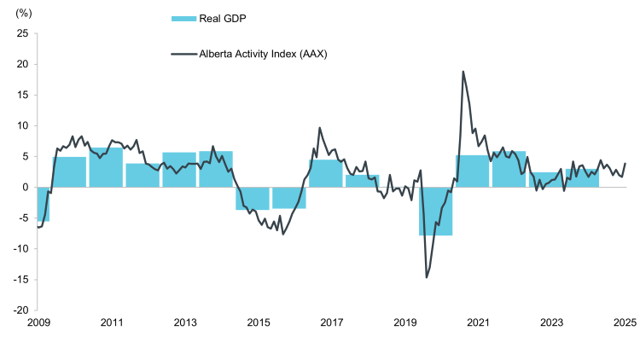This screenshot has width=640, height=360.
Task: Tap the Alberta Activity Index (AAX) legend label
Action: pyautogui.click(x=264, y=54)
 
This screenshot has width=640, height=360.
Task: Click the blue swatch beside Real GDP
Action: pyautogui.click(x=183, y=19)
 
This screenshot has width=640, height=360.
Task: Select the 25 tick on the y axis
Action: pyautogui.click(x=22, y=33)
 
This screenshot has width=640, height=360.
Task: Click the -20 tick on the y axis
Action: pyautogui.click(x=20, y=310)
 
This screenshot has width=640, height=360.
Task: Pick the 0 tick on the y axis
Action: pyautogui.click(x=26, y=187)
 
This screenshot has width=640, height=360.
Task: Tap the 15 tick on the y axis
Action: pyautogui.click(x=22, y=95)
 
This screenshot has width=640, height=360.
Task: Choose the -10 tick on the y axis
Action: pyautogui.click(x=20, y=248)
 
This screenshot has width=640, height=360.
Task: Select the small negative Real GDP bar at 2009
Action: pyautogui.click(x=44, y=204)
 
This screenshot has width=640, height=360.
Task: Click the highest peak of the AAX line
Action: pyautogui.click(x=463, y=72)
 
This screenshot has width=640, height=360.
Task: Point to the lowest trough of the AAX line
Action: pyautogui.click(x=427, y=277)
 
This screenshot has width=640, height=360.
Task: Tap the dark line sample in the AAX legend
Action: pyautogui.click(x=183, y=54)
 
